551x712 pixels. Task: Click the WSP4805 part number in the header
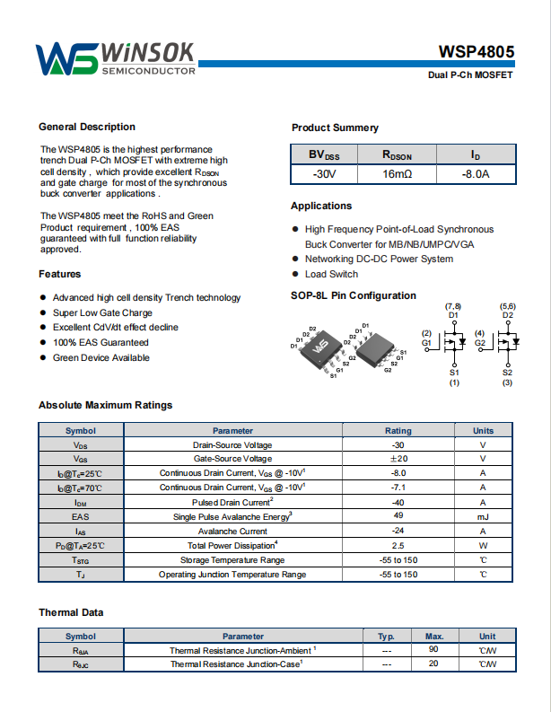[476, 52]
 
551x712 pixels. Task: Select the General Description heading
[87, 127]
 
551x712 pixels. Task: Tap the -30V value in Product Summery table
[324, 173]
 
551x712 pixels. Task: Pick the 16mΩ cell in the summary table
[397, 173]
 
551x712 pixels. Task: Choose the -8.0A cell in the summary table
[475, 173]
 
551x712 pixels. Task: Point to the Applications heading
[321, 206]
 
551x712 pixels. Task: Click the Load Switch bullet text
[331, 274]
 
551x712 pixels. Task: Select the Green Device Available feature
[101, 357]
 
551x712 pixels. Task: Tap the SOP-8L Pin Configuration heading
[354, 295]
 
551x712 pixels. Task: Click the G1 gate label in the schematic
[427, 343]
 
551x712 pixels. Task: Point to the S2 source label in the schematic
[507, 372]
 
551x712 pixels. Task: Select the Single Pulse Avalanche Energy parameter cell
[232, 516]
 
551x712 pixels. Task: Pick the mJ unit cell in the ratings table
[483, 516]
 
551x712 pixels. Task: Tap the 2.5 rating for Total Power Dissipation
[398, 545]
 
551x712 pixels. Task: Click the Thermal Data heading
[71, 612]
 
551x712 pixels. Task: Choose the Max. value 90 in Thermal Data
[434, 649]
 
